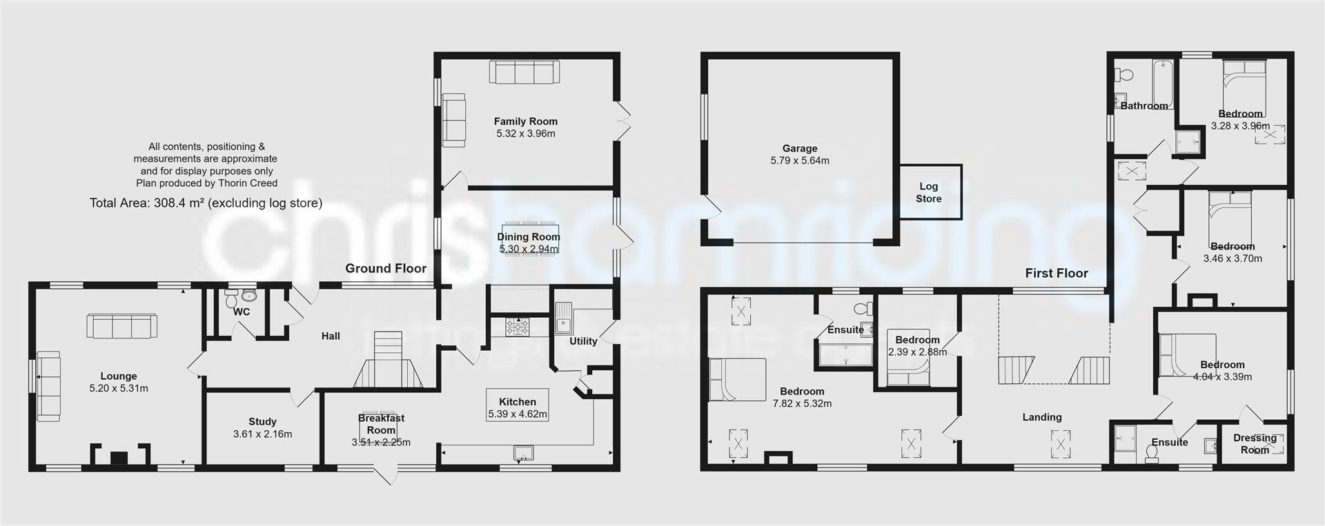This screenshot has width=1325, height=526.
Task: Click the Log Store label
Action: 928,192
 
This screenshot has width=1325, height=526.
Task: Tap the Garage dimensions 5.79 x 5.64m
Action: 800,161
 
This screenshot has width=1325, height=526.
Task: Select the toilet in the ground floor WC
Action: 231,299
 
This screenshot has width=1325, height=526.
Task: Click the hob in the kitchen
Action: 517,327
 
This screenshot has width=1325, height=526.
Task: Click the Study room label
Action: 262,421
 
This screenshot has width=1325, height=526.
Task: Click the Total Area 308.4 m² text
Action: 206,203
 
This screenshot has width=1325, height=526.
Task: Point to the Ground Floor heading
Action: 386,268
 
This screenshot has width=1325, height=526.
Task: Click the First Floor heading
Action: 1057,273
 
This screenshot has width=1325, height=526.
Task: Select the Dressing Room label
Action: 1255,443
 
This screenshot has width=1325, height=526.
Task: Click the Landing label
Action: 1042,417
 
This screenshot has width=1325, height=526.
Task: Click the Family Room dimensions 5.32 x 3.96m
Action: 525,134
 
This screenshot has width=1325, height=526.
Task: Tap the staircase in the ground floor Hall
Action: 387,359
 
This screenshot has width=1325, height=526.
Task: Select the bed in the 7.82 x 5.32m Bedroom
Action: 738,379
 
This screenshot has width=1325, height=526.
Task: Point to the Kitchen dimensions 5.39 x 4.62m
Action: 517,414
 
